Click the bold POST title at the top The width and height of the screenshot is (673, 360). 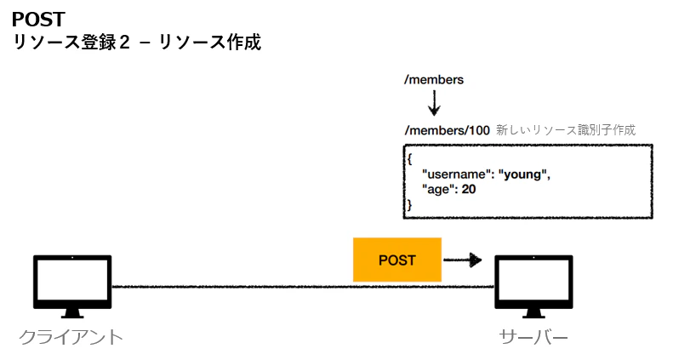tap(38, 20)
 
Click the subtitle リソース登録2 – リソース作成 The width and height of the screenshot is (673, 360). tap(137, 43)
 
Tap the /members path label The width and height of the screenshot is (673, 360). tap(434, 80)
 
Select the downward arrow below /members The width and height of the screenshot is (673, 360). tap(435, 103)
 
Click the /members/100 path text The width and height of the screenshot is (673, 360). tap(448, 130)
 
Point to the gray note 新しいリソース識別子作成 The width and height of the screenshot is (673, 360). tap(566, 130)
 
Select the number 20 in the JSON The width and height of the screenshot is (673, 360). tap(469, 189)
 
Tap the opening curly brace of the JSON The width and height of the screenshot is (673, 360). tap(409, 159)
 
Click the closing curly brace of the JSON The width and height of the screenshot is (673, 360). tap(409, 204)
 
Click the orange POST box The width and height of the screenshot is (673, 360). tap(397, 260)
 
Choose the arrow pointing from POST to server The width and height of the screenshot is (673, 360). tap(462, 260)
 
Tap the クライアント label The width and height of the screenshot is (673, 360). tap(71, 337)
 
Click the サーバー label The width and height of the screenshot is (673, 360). tap(533, 337)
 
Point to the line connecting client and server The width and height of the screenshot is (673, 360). tap(303, 286)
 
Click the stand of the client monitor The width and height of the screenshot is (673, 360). tap(72, 313)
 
